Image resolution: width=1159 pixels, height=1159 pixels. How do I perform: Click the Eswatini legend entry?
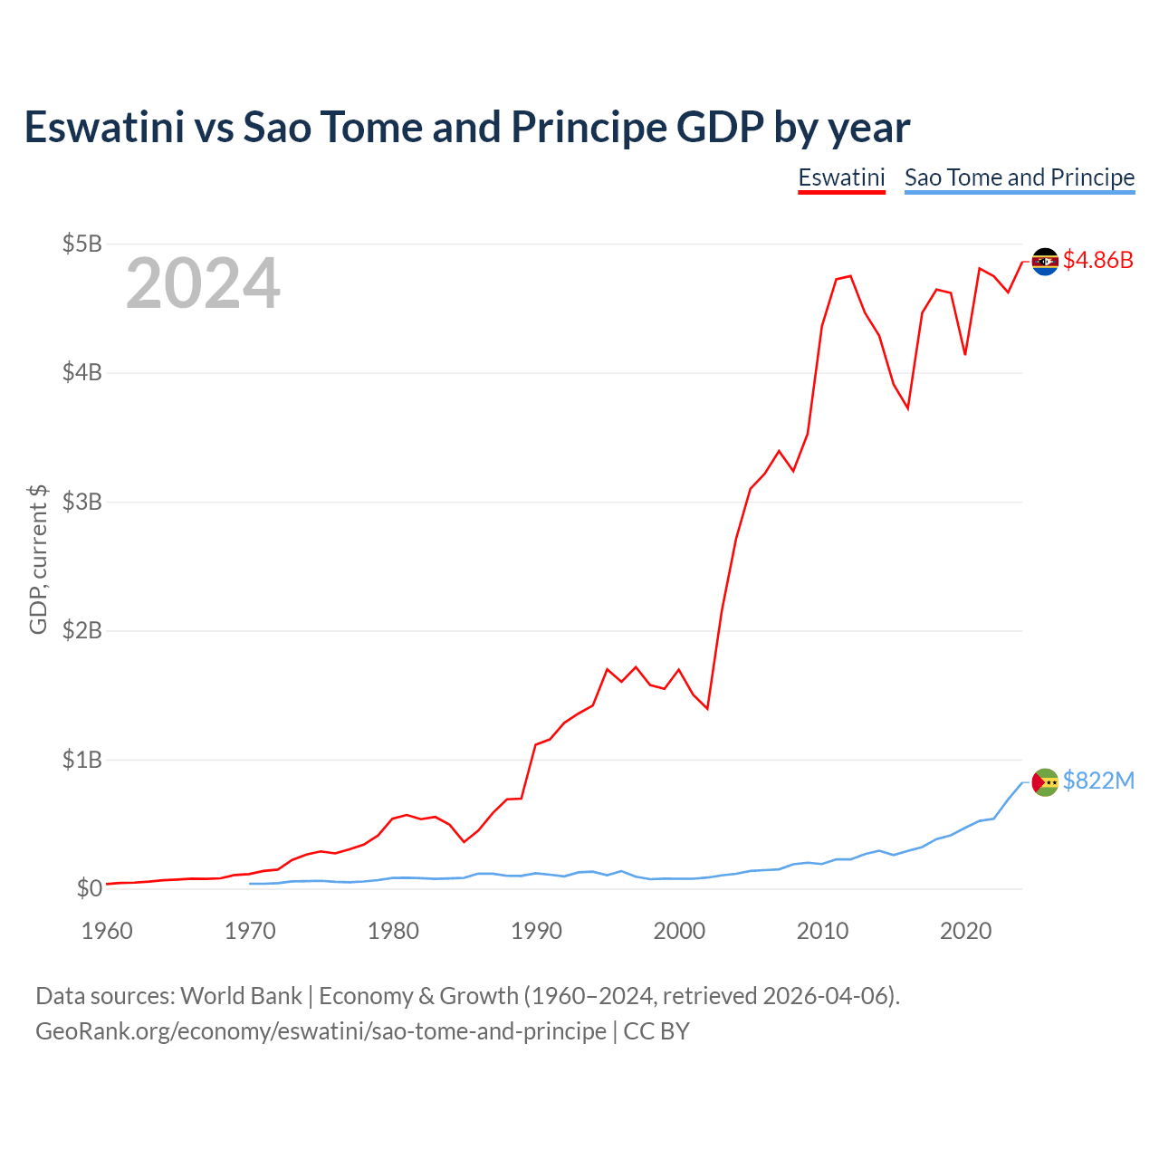click(x=841, y=177)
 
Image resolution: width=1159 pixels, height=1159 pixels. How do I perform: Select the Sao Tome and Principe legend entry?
click(x=1020, y=177)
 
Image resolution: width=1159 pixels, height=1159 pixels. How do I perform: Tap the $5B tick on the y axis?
click(x=81, y=244)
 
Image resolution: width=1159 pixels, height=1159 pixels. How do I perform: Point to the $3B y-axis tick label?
click(x=81, y=502)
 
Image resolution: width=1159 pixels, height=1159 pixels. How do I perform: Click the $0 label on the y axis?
click(x=89, y=888)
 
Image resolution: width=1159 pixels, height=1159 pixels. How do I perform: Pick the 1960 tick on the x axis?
click(x=107, y=931)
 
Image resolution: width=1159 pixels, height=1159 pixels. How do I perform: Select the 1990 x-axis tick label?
click(x=536, y=931)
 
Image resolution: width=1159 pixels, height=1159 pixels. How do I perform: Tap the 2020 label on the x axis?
click(x=965, y=931)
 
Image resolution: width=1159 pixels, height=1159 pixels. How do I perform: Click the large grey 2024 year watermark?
click(x=203, y=284)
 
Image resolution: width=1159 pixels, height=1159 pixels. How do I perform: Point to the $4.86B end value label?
click(x=1097, y=261)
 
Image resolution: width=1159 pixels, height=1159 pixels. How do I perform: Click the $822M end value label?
click(x=1098, y=781)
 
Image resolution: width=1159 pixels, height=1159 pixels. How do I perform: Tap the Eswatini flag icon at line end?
click(x=1045, y=262)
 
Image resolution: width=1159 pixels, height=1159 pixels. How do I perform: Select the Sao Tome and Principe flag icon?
click(x=1045, y=781)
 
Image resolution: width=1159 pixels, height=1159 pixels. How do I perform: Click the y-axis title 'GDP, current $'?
click(x=38, y=559)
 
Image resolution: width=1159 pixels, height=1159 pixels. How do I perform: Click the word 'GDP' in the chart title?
click(x=720, y=128)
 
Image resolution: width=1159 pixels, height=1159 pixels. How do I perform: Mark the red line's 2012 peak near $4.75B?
click(x=850, y=276)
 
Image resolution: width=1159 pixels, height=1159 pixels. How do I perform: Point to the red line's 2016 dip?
click(x=907, y=408)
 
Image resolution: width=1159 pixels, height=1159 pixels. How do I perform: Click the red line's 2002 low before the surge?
click(x=707, y=708)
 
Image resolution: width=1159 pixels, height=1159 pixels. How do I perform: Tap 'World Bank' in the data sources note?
click(x=241, y=996)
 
